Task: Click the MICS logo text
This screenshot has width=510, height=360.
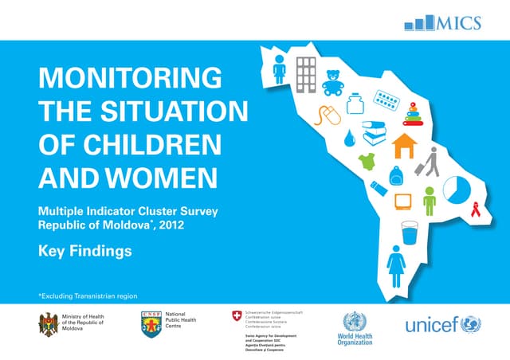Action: (x=458, y=22)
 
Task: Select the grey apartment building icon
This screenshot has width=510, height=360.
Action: (x=306, y=73)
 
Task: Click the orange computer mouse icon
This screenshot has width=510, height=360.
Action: (x=328, y=116)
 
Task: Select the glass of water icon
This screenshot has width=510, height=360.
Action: (x=410, y=233)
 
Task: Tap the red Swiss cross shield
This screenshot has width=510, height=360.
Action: (x=234, y=316)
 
